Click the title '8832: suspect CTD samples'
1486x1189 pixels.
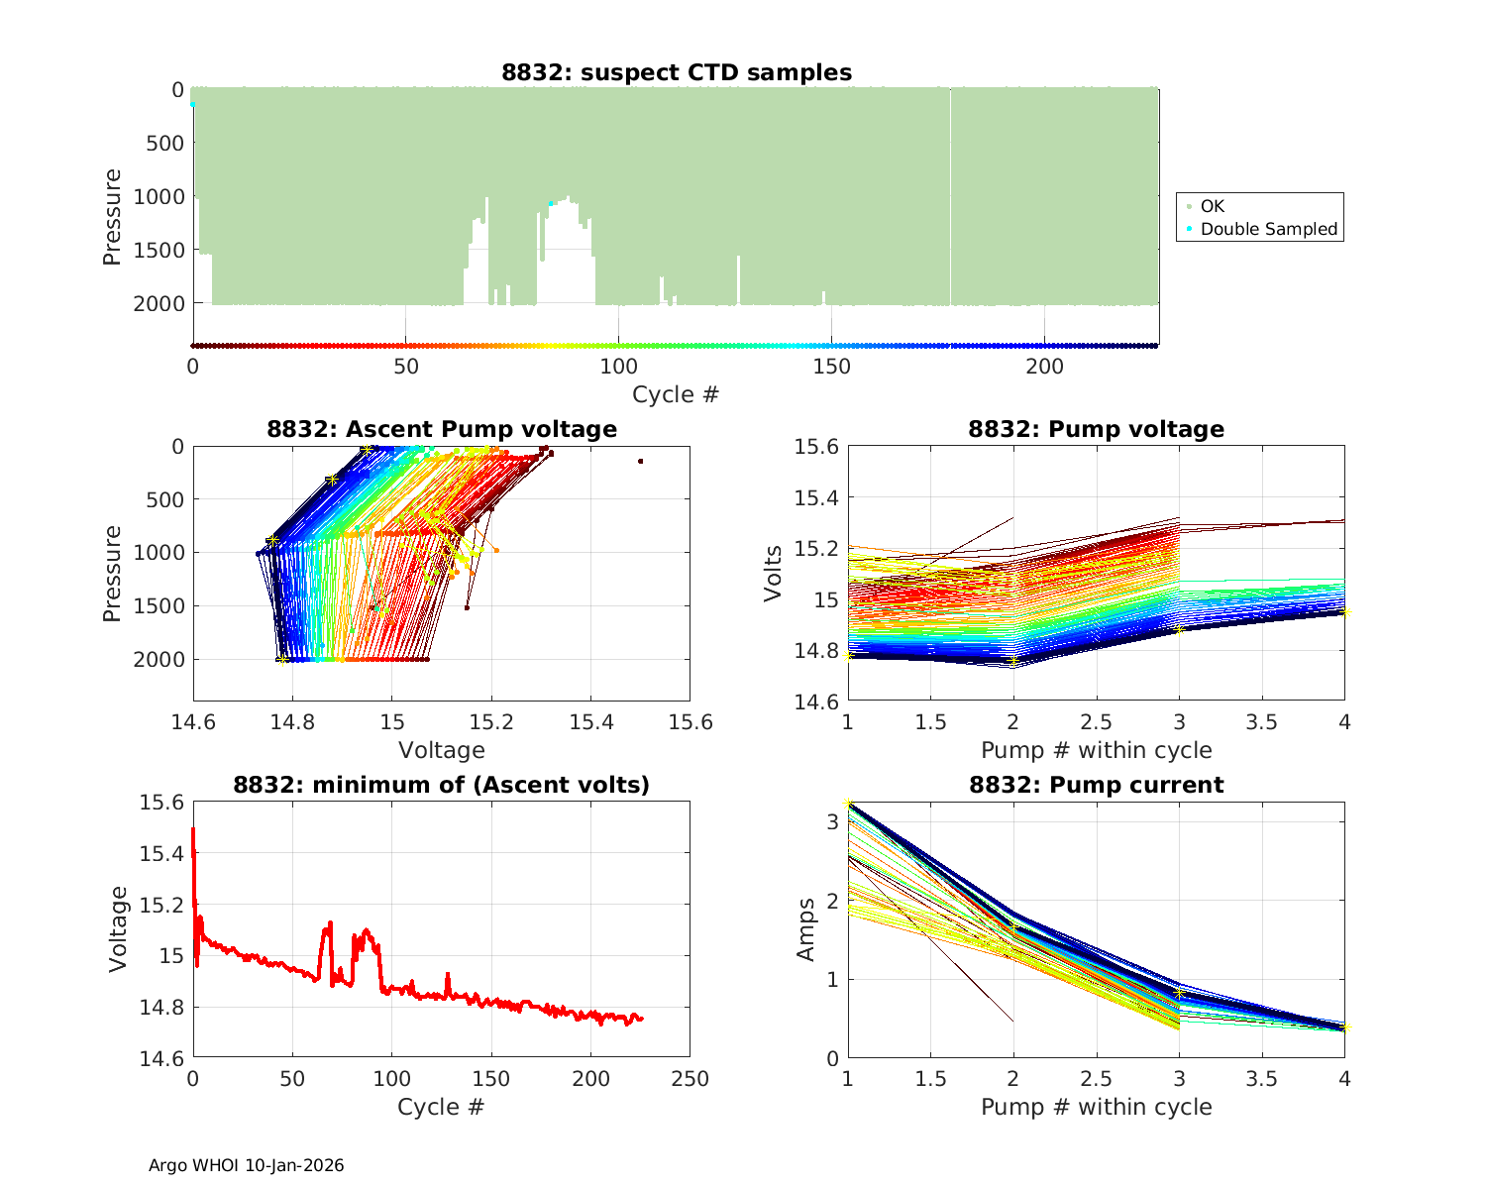(676, 72)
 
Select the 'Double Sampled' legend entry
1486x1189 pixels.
(1268, 229)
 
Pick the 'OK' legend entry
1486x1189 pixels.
(1212, 206)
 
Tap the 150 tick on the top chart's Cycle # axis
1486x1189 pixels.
(831, 367)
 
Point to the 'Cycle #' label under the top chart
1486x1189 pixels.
(676, 394)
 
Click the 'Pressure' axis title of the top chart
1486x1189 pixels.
(112, 217)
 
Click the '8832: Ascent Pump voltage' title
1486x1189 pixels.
(441, 429)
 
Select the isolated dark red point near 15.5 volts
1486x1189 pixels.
(640, 461)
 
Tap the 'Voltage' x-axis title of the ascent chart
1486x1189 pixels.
(441, 750)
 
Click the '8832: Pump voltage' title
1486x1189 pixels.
(1096, 429)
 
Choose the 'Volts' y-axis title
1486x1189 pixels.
(773, 573)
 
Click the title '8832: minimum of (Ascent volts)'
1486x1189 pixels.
(441, 786)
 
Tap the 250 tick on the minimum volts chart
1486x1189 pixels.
(690, 1079)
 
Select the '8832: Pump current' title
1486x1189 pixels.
(1096, 786)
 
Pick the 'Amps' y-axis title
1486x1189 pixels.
(806, 929)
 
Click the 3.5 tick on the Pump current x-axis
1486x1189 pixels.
(1261, 1079)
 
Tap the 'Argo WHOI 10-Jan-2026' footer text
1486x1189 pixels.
(246, 1165)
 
